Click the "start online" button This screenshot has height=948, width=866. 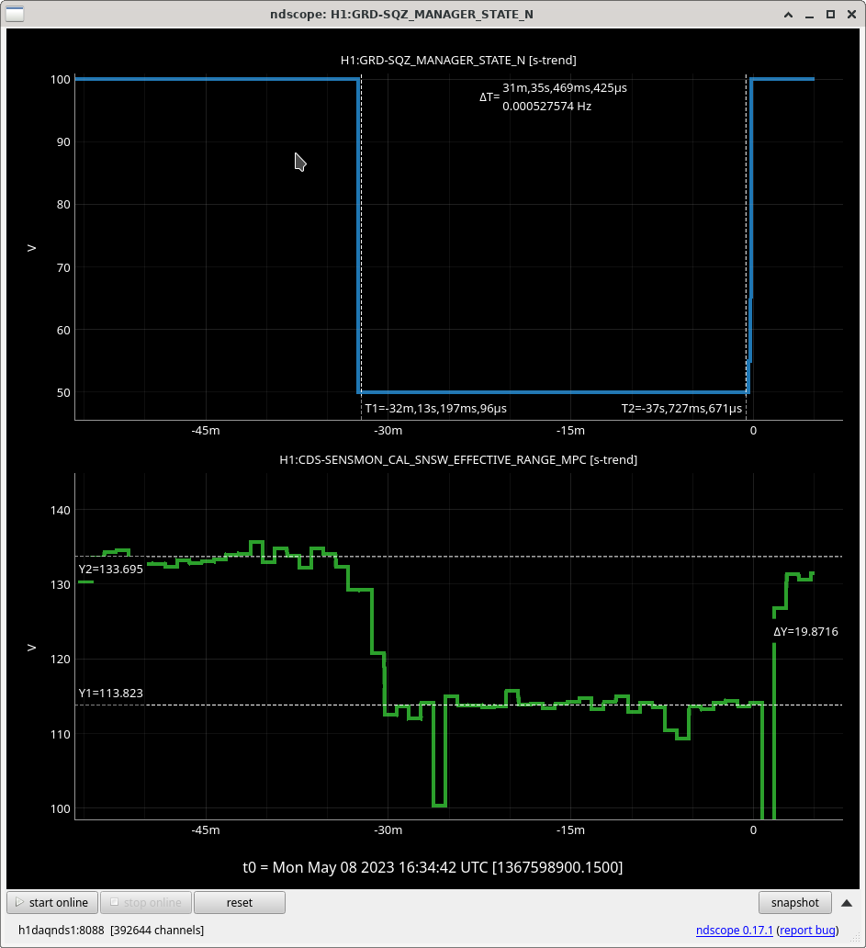click(x=52, y=903)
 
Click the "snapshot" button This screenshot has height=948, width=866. click(x=794, y=903)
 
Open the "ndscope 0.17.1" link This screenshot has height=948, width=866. click(x=735, y=930)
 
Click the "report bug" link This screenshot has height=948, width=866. click(x=807, y=930)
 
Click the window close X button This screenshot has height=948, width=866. click(x=851, y=14)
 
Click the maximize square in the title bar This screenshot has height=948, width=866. click(x=830, y=14)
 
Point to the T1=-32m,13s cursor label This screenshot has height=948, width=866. click(x=435, y=409)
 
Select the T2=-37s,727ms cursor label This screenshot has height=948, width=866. click(x=681, y=409)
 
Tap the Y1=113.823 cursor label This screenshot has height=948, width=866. click(x=110, y=693)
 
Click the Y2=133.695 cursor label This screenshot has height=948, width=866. click(x=110, y=569)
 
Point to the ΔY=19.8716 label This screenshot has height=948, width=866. click(x=805, y=632)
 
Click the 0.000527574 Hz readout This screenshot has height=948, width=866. click(x=547, y=107)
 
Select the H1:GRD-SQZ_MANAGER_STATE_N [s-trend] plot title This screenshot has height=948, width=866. click(x=458, y=61)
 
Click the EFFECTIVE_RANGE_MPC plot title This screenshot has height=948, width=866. click(x=458, y=460)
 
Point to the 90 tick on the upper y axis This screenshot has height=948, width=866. click(x=62, y=142)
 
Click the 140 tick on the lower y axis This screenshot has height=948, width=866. click(x=61, y=510)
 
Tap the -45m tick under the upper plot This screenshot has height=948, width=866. click(x=206, y=431)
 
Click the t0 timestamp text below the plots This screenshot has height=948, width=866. click(x=433, y=867)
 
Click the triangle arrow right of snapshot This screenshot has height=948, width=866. click(x=847, y=903)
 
